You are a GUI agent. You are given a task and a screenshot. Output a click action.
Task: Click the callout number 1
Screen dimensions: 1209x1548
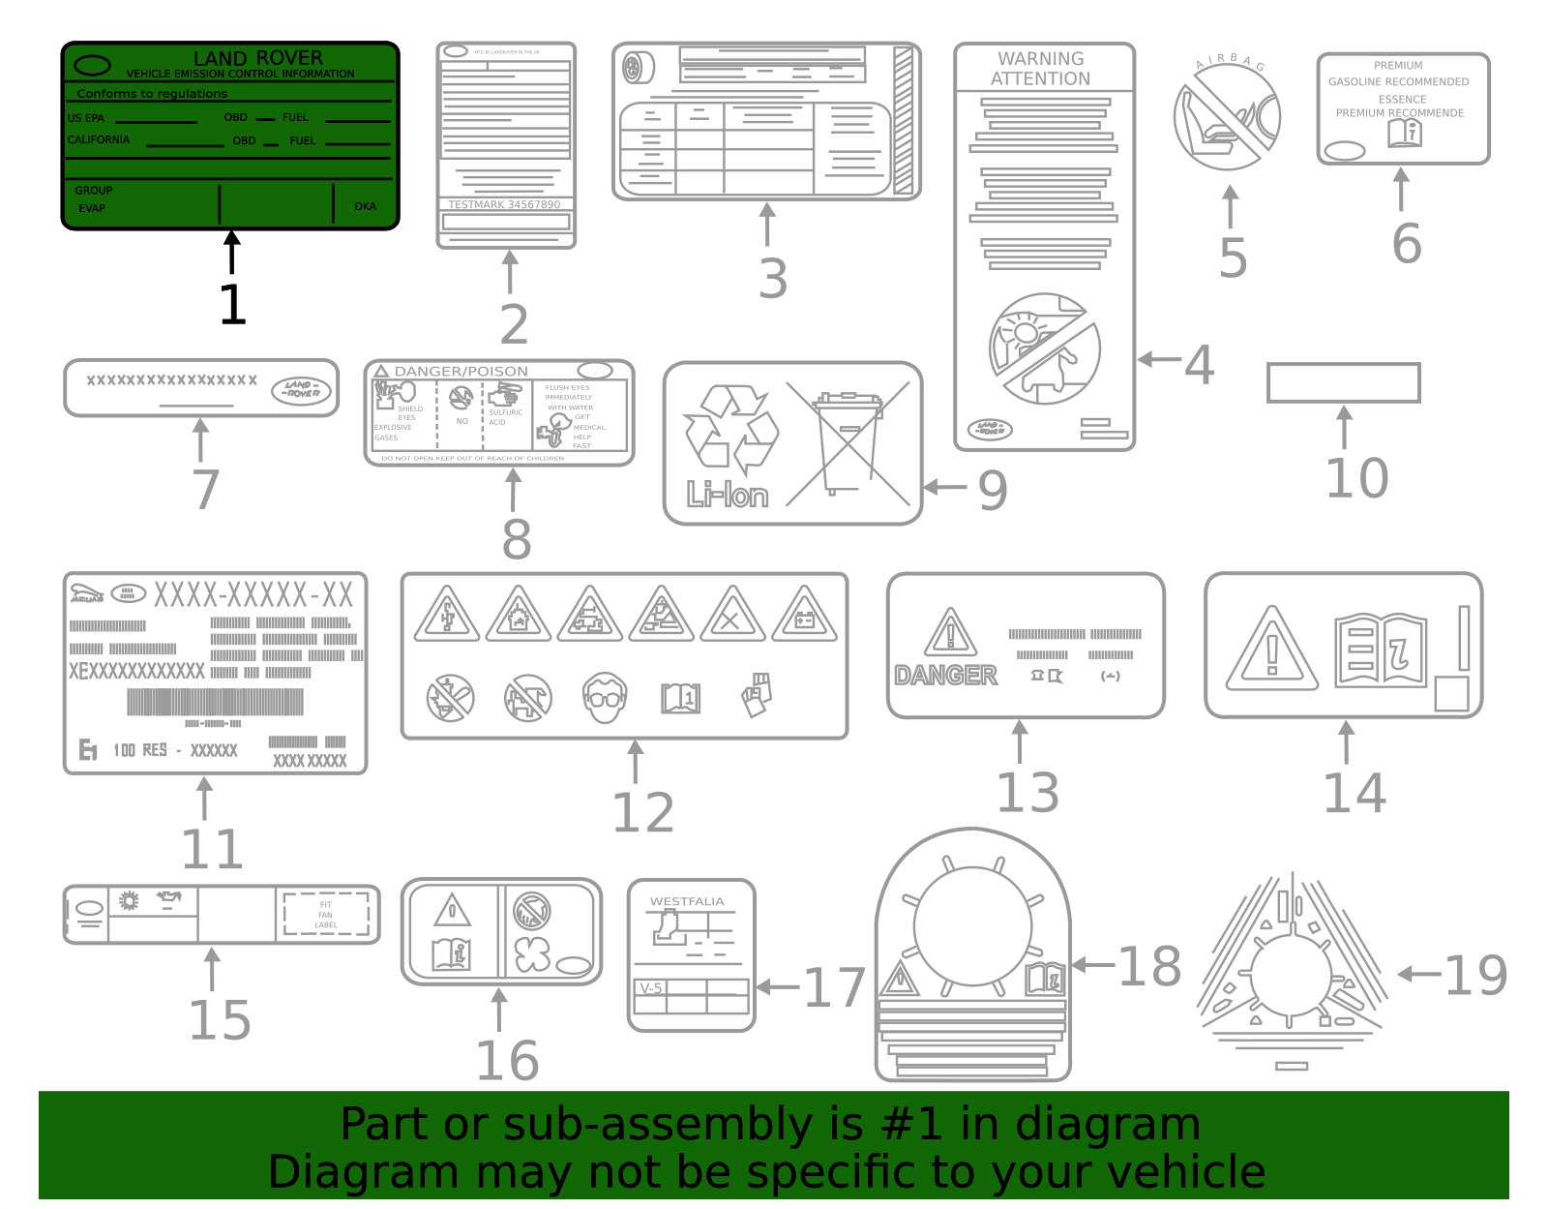tap(232, 304)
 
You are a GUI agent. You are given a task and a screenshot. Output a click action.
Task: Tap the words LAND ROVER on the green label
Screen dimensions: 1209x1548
tap(258, 58)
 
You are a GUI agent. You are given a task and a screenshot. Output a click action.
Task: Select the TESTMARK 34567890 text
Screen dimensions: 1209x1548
tap(504, 204)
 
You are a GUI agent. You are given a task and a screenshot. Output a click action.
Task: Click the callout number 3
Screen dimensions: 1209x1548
tap(772, 279)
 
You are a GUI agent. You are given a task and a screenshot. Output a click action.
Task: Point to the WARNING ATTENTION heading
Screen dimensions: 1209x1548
tap(1041, 69)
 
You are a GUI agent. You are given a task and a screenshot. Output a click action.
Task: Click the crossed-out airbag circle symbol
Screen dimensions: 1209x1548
tap(1227, 118)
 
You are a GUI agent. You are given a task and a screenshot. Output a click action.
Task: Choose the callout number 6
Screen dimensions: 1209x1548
tap(1407, 243)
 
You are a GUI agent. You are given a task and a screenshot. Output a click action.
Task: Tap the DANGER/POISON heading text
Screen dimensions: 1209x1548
tap(461, 371)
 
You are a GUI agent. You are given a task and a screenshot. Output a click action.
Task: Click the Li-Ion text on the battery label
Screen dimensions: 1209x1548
tap(728, 495)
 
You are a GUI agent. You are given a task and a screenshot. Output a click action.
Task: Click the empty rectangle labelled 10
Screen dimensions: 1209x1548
tap(1343, 382)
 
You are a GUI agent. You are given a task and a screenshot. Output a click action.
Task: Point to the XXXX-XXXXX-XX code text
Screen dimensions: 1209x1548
tap(253, 594)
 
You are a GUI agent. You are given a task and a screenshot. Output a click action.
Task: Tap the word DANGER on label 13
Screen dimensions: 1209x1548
tap(945, 675)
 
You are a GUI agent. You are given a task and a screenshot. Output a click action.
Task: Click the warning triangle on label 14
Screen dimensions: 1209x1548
tap(1271, 650)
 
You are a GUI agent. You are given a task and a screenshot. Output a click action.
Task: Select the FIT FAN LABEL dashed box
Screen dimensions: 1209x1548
tap(326, 914)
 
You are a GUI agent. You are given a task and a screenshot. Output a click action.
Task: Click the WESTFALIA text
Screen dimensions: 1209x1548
tap(687, 901)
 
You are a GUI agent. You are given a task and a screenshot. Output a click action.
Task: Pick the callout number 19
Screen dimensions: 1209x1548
tap(1474, 976)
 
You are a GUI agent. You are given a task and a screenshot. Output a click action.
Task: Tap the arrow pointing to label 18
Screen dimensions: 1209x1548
tap(1093, 964)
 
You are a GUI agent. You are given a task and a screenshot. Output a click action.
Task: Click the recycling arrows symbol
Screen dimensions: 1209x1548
tap(731, 426)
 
